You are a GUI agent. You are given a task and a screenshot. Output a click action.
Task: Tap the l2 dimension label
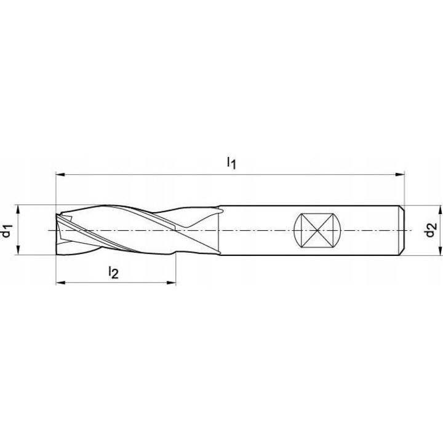(x=113, y=271)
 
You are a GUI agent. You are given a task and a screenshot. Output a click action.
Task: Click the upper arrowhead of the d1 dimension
(x=20, y=209)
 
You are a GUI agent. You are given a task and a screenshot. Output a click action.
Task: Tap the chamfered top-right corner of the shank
(x=402, y=207)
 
